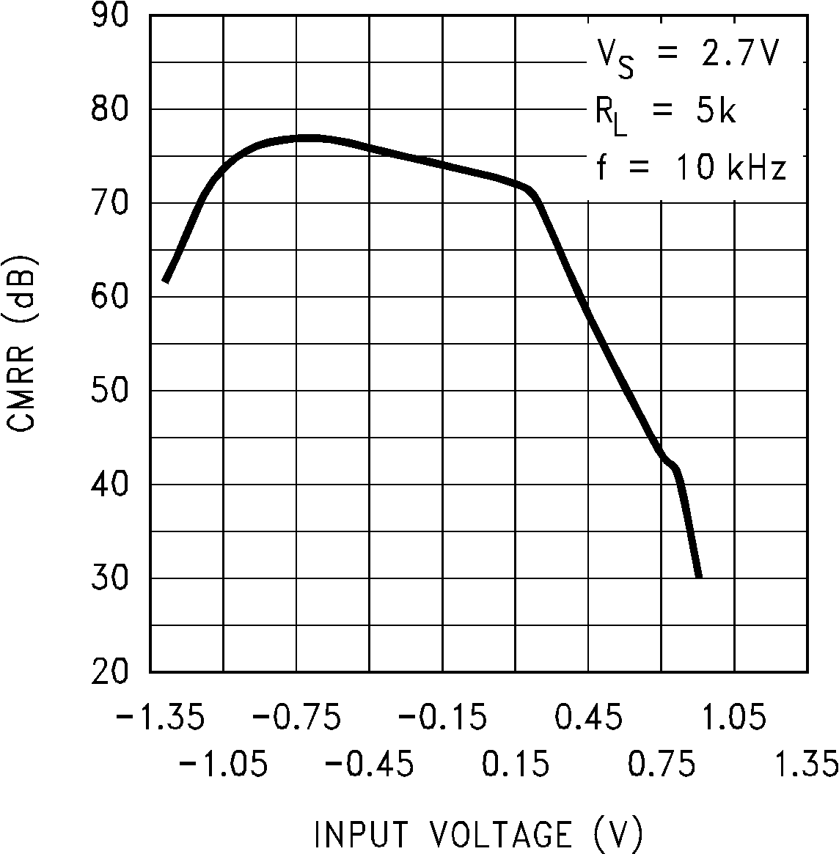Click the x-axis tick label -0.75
(x=296, y=717)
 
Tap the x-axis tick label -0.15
(x=442, y=717)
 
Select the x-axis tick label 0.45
(x=588, y=717)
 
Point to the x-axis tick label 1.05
(x=734, y=717)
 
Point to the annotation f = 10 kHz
(x=690, y=169)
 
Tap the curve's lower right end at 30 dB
(x=698, y=576)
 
